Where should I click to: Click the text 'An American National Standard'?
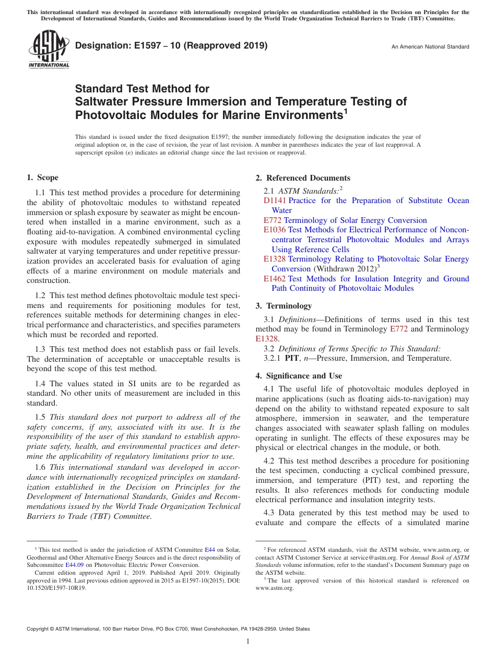(430, 47)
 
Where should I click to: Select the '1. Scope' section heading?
(43, 177)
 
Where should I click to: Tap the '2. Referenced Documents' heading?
(303, 178)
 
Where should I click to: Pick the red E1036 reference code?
(275, 230)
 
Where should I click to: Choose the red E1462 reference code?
(275, 279)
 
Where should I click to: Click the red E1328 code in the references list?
(275, 259)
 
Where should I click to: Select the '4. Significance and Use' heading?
(299, 376)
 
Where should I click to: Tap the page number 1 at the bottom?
(248, 642)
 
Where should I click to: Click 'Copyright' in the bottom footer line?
(38, 629)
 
